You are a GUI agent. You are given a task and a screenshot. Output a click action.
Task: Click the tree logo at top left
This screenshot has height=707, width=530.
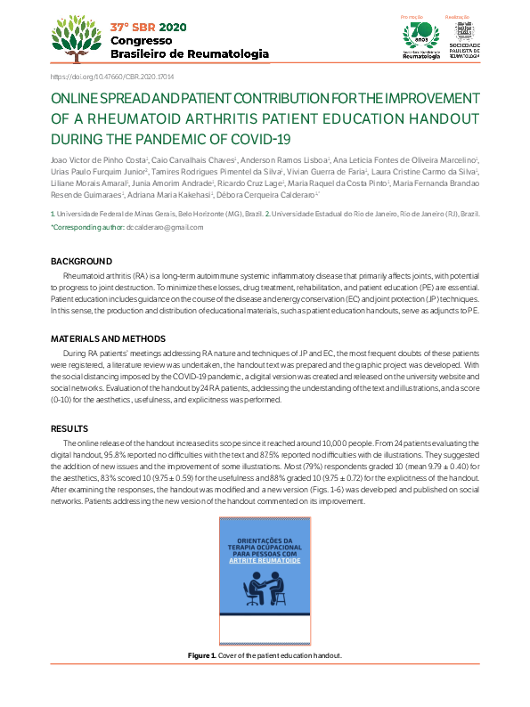pyautogui.click(x=77, y=39)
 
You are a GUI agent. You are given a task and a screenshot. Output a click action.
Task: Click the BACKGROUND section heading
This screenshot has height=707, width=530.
pyautogui.click(x=81, y=262)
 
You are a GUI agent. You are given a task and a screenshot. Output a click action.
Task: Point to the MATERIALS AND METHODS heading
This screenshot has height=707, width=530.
pyautogui.click(x=108, y=339)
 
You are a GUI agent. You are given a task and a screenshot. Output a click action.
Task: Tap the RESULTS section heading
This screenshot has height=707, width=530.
pyautogui.click(x=69, y=428)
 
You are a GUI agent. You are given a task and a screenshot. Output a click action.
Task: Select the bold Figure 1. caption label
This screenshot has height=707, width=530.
pyautogui.click(x=202, y=655)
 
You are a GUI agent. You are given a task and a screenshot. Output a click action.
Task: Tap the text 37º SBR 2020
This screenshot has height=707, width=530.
pyautogui.click(x=149, y=27)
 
